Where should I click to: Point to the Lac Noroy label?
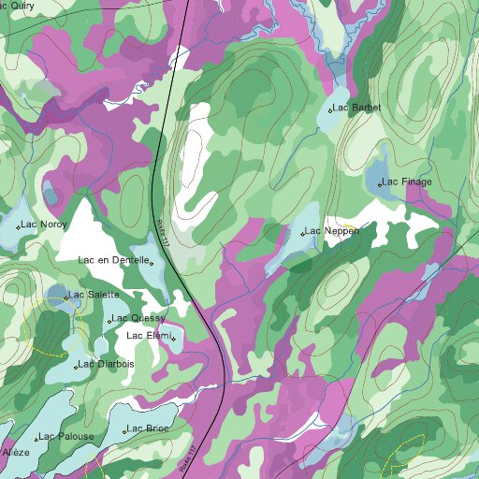click(x=45, y=225)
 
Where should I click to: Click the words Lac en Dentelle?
click(x=113, y=260)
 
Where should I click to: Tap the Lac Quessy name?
click(x=139, y=318)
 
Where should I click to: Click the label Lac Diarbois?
click(x=108, y=363)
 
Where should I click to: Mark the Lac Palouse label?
click(x=67, y=436)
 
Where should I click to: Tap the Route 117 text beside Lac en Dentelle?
click(x=164, y=234)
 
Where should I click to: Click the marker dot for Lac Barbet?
click(x=331, y=109)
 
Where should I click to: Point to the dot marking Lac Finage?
click(x=380, y=184)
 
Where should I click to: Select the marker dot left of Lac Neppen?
click(x=302, y=233)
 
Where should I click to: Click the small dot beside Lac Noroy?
click(x=18, y=227)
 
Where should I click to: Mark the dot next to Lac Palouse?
click(x=36, y=439)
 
